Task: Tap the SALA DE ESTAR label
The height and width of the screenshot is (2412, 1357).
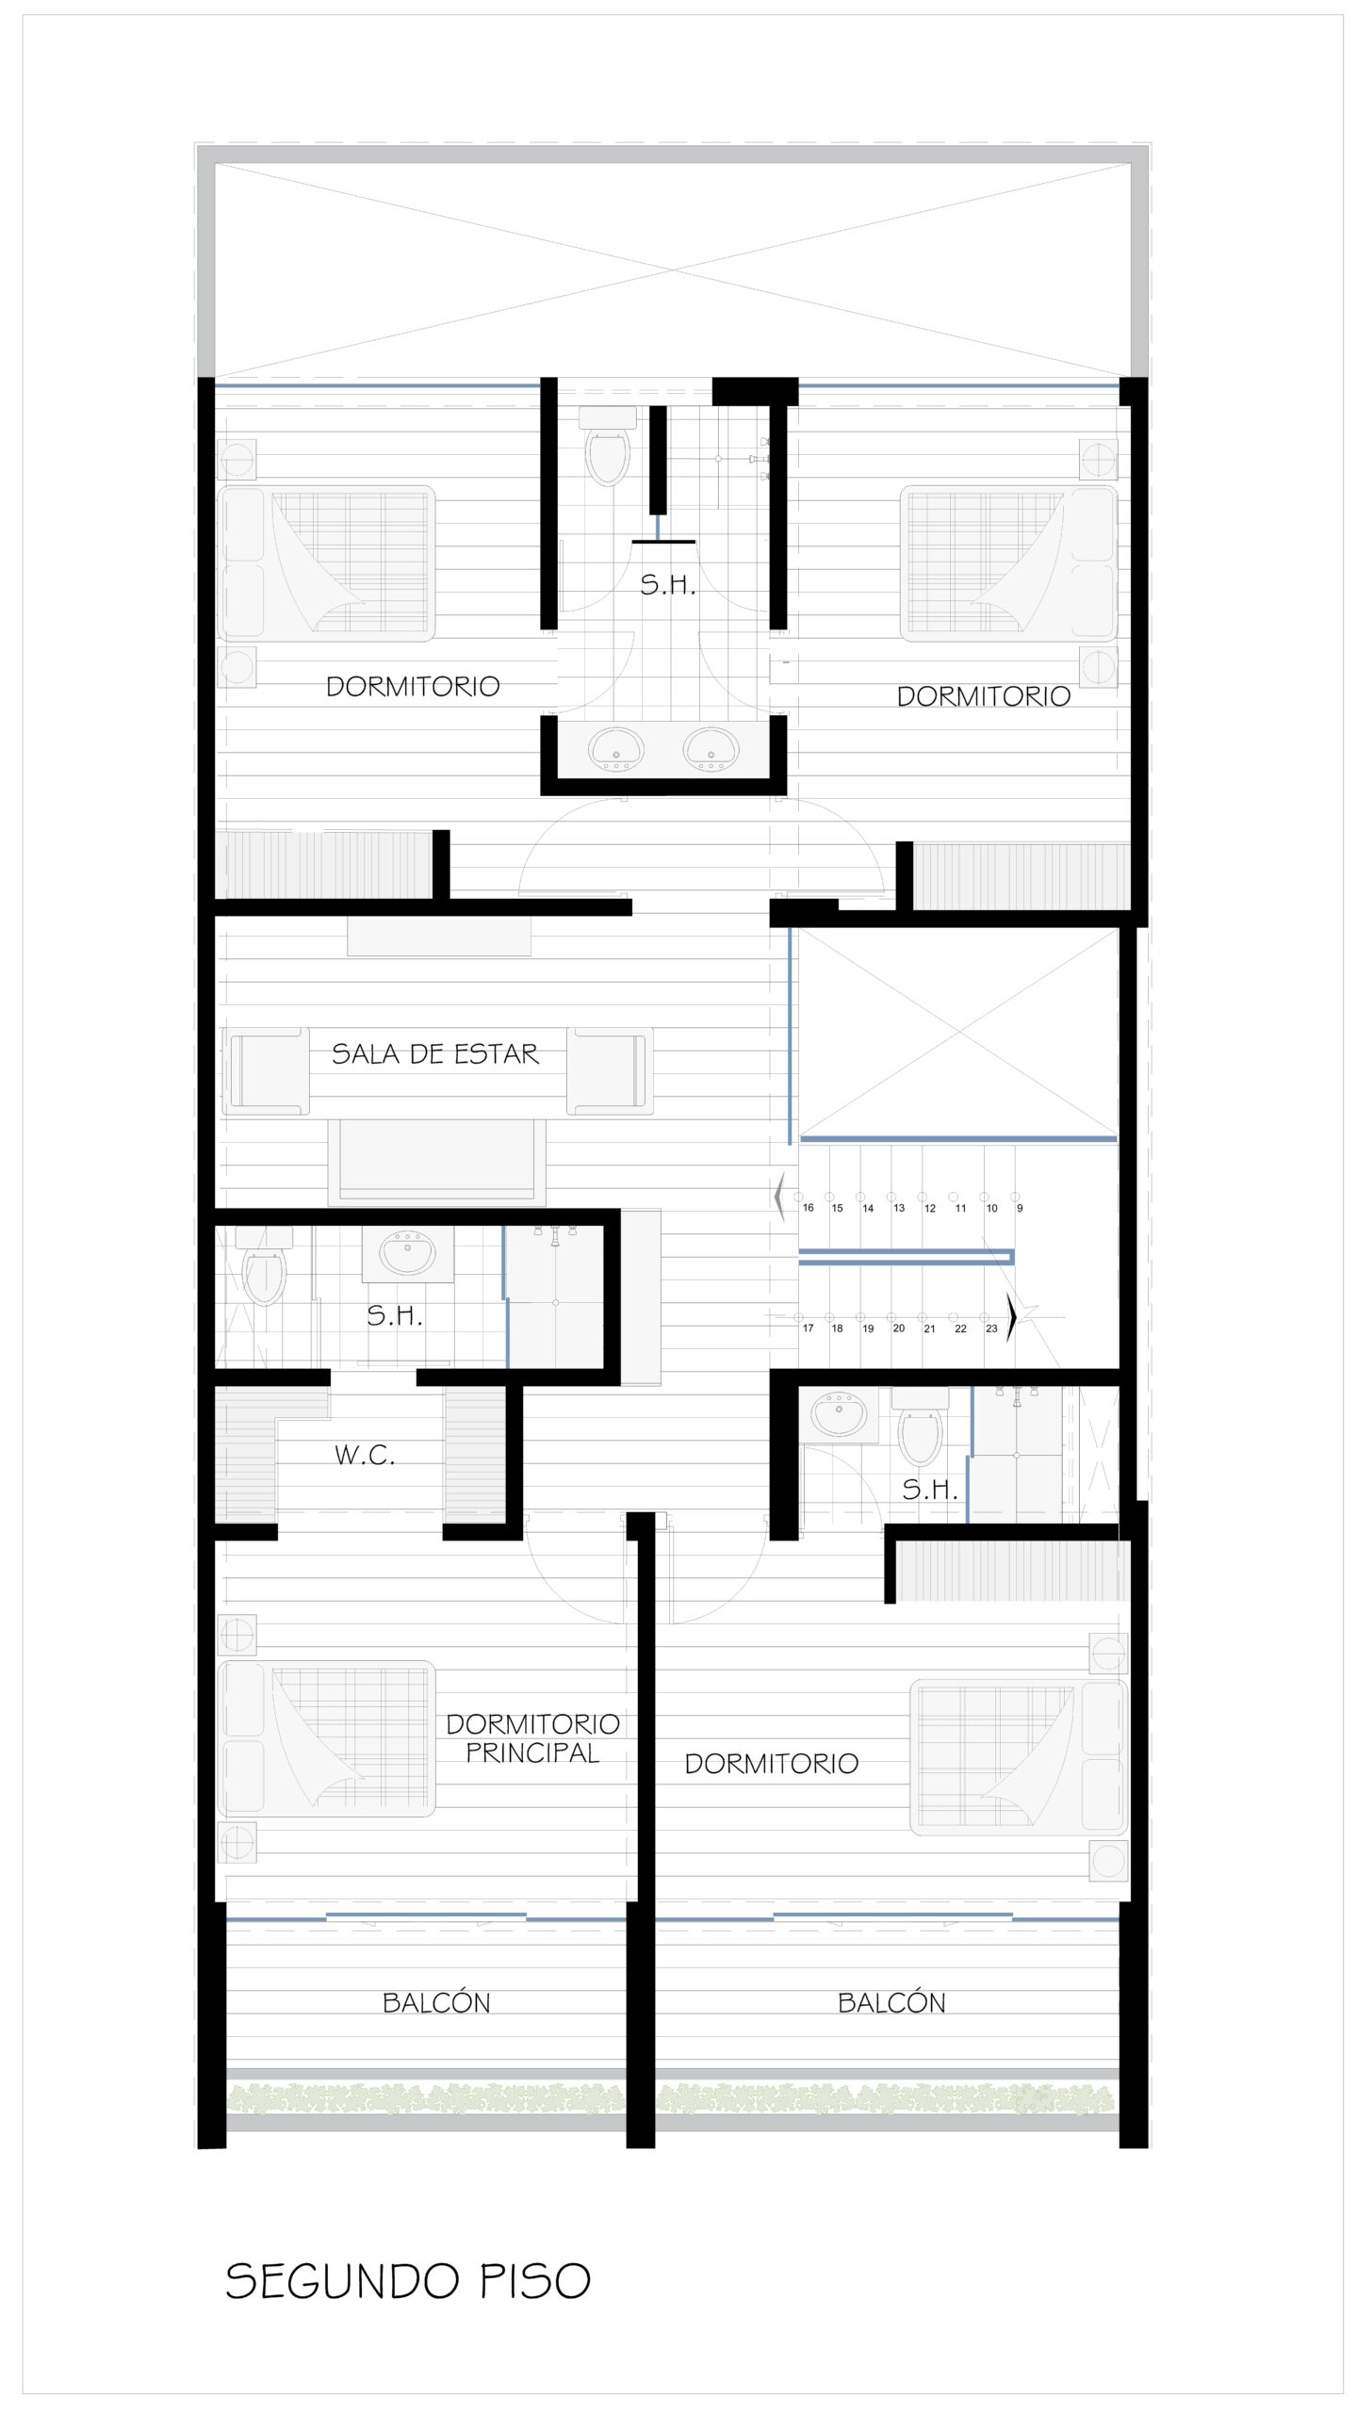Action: click(435, 1053)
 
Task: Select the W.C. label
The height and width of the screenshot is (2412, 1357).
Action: click(365, 1455)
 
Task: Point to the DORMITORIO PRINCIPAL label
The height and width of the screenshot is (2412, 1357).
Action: click(533, 1738)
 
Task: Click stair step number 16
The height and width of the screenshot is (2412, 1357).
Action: click(808, 1208)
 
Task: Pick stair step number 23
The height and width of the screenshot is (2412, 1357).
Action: click(991, 1328)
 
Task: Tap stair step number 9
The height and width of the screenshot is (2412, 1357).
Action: click(1020, 1208)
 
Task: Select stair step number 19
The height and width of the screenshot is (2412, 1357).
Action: click(868, 1328)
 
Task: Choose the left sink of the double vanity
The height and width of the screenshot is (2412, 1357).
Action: click(616, 749)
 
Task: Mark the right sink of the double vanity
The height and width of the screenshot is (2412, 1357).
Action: click(711, 749)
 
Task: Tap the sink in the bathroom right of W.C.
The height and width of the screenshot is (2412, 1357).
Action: click(839, 1415)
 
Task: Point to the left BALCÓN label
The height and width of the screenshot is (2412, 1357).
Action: click(436, 2002)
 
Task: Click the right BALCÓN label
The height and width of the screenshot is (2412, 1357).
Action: click(891, 2002)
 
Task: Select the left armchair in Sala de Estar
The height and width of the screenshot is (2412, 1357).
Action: click(266, 1071)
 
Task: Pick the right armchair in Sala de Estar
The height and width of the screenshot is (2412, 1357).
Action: click(610, 1071)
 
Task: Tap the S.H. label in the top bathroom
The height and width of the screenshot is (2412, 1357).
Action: click(667, 585)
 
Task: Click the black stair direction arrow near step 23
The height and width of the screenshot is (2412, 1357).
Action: click(1012, 1316)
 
